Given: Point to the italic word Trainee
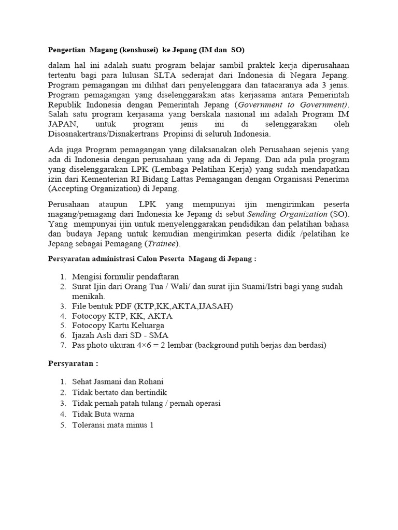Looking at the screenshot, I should pyautogui.click(x=161, y=243).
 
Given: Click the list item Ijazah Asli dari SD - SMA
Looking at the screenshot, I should pyautogui.click(x=117, y=335).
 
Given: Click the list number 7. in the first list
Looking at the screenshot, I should pyautogui.click(x=63, y=345).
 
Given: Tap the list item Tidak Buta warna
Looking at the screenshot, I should pyautogui.click(x=103, y=414).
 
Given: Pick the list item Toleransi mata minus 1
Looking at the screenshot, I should pyautogui.click(x=113, y=424).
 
